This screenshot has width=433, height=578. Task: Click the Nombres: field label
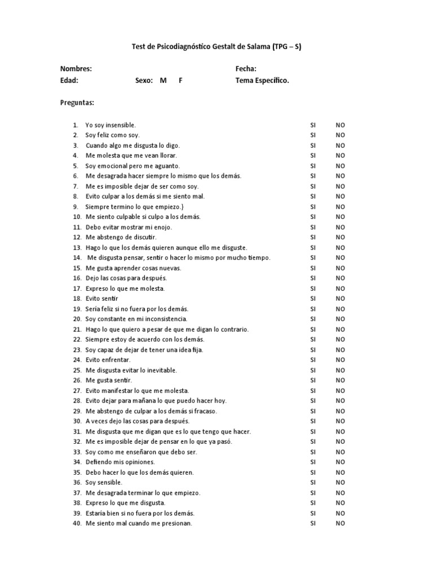[76, 69]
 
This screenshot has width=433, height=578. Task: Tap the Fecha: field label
[246, 69]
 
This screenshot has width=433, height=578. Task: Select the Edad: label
[69, 80]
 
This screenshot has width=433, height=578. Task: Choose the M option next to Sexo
[163, 80]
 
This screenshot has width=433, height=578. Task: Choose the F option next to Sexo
[180, 80]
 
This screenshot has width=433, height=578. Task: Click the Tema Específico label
[262, 80]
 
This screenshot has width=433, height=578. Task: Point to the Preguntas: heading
[77, 103]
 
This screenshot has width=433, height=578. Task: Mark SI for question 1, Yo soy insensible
[313, 125]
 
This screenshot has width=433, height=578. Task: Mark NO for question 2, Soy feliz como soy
[341, 135]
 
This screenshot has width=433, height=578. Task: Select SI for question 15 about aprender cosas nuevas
[313, 268]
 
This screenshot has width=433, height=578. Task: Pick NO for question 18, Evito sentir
[341, 299]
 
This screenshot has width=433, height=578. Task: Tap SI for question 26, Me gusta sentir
[313, 380]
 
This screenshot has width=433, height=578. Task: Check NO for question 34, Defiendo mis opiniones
[341, 462]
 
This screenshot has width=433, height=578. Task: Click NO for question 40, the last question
[341, 524]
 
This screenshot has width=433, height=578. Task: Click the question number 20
[77, 319]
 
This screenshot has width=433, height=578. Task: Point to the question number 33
[77, 452]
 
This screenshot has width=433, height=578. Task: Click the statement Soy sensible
[104, 483]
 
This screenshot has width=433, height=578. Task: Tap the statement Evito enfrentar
[108, 360]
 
